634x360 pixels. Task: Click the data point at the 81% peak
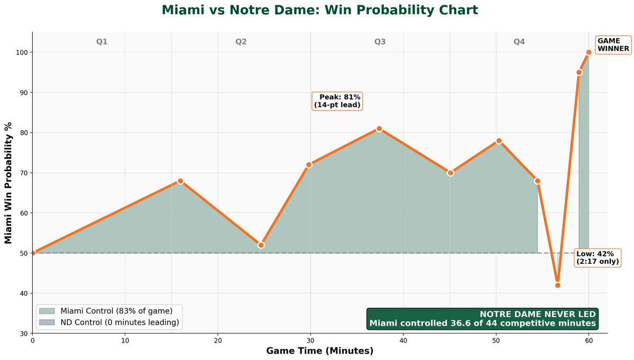tap(379, 128)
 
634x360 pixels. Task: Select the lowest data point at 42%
tap(557, 285)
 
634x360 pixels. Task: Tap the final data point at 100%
tap(589, 52)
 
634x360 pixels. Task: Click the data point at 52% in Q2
tap(261, 245)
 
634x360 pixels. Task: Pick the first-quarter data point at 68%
tap(180, 181)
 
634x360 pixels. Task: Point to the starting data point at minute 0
tap(33, 253)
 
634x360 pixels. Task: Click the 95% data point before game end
tap(579, 72)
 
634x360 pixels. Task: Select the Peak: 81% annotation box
tap(337, 101)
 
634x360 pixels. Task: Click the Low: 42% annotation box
tap(597, 258)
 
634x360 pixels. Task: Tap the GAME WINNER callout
tap(613, 44)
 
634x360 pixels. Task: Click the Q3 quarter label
tap(380, 41)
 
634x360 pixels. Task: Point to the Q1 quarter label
tap(102, 41)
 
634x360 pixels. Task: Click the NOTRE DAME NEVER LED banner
tap(482, 319)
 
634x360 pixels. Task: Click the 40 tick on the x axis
tap(403, 341)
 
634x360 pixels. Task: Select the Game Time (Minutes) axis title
tap(319, 351)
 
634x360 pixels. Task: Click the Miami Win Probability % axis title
tap(8, 183)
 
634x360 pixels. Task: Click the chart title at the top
tap(319, 10)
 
